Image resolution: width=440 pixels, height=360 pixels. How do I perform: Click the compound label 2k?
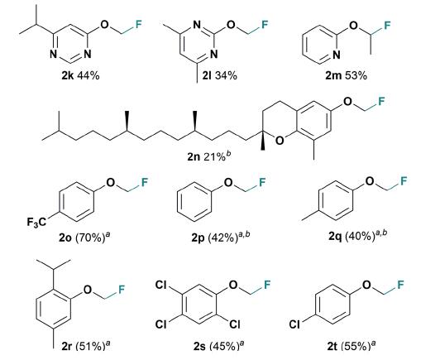[x=67, y=75]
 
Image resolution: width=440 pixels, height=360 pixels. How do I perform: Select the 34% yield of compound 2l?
[x=226, y=75]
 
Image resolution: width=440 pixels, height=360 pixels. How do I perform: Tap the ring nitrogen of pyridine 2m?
[x=336, y=55]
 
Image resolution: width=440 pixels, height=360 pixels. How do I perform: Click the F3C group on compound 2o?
[x=36, y=223]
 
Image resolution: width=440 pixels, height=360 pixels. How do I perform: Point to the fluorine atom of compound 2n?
[x=380, y=101]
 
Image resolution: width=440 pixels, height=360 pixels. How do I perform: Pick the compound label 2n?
[x=193, y=156]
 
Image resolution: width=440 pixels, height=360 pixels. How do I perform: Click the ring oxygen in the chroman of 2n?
[x=280, y=140]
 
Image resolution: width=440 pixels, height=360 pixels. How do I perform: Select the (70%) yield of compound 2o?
[x=91, y=238]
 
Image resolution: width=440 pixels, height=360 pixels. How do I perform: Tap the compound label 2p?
[x=198, y=238]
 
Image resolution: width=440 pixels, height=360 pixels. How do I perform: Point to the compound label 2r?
[x=66, y=346]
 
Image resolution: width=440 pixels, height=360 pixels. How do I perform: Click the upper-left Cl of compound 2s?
[x=161, y=285]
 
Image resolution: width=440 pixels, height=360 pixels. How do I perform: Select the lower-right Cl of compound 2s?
[x=235, y=324]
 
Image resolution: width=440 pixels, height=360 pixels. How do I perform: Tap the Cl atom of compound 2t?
[x=294, y=324]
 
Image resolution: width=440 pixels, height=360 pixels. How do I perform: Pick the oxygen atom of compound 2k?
[x=104, y=25]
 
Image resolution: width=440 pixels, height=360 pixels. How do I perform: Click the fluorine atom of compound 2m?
[x=387, y=26]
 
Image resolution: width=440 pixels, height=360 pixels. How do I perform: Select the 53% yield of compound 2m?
[x=356, y=75]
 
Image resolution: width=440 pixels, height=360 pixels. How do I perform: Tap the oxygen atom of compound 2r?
[x=88, y=289]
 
